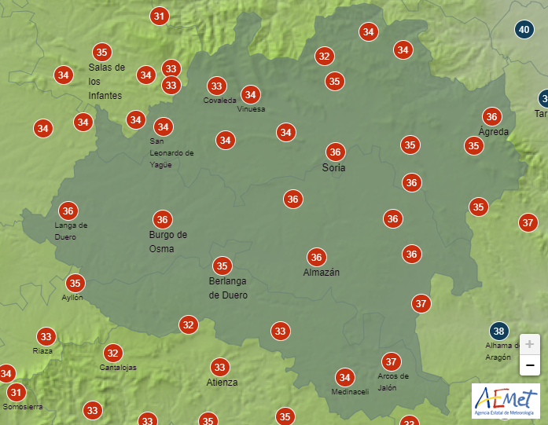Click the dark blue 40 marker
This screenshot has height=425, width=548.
point(524,31)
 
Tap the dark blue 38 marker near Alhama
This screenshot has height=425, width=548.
point(498,331)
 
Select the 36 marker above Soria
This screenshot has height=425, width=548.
point(335,152)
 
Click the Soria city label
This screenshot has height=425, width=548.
point(334,168)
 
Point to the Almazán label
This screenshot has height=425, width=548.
point(322,273)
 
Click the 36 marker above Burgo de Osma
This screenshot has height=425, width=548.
point(162,220)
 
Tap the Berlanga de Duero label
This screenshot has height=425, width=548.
point(228,288)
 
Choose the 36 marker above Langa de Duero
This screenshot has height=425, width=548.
point(68,211)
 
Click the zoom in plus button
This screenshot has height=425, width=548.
point(530,344)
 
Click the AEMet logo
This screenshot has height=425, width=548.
point(505,401)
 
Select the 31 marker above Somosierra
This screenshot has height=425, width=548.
point(16,392)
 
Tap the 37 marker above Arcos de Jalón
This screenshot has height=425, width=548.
point(391,362)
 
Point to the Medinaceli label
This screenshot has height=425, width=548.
point(350,392)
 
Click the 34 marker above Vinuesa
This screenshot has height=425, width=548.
point(250,95)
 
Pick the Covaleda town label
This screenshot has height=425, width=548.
point(219,101)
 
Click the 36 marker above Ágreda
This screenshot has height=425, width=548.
point(492,117)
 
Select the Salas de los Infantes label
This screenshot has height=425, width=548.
point(106,81)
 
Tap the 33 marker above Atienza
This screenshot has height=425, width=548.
point(219,367)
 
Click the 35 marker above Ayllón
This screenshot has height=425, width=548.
point(75,284)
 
